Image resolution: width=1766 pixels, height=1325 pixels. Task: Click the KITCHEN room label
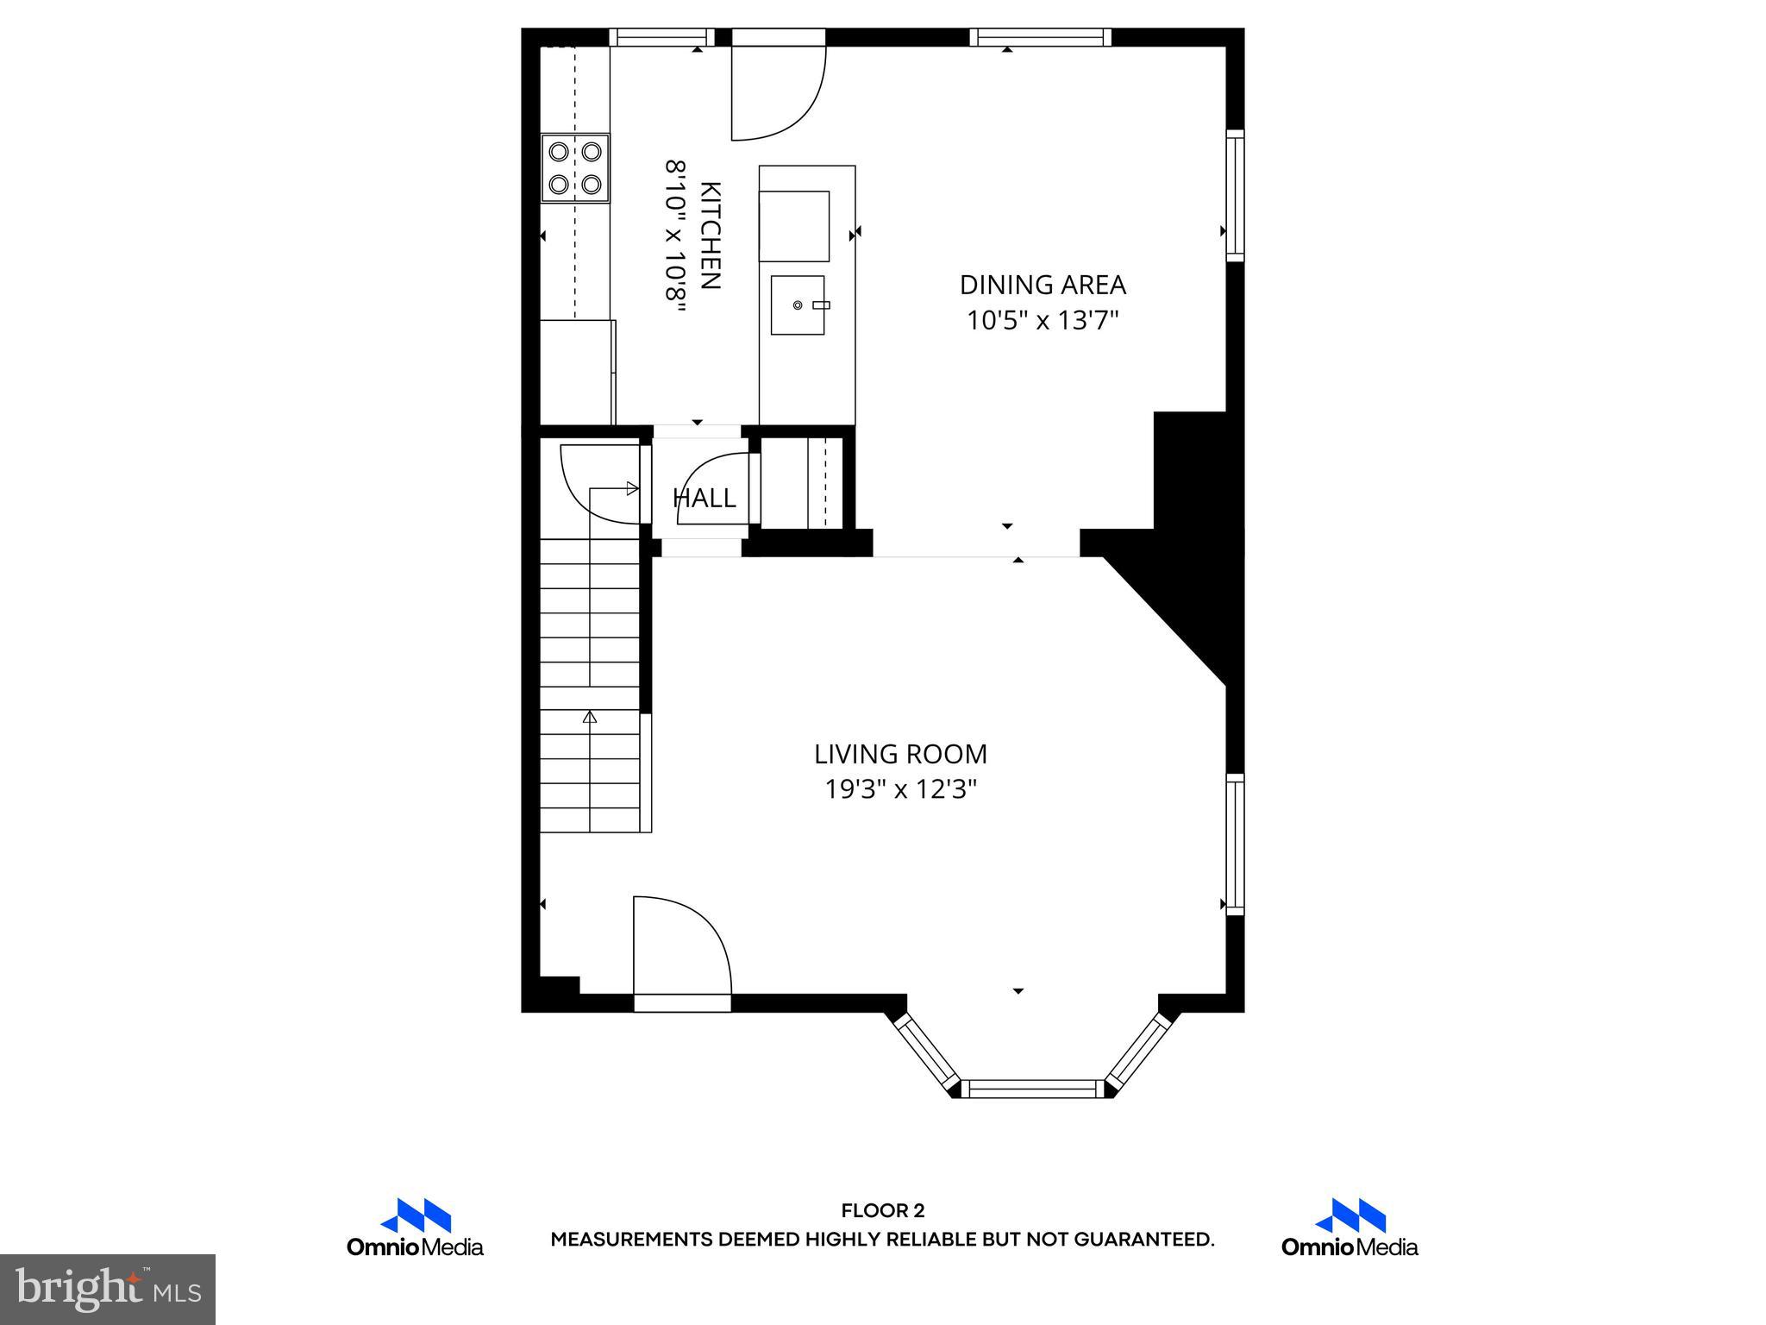(x=710, y=235)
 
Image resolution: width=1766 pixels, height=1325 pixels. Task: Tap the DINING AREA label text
(x=1043, y=285)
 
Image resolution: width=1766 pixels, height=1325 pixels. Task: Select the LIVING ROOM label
(x=900, y=754)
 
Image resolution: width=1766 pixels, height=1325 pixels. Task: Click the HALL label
(x=705, y=499)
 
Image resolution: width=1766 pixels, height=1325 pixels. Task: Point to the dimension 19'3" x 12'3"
(x=900, y=789)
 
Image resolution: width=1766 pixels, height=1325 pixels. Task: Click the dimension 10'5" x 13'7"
(x=1043, y=321)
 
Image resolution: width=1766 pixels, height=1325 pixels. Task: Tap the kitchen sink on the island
(x=798, y=305)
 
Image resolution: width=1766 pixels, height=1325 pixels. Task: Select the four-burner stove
(x=575, y=168)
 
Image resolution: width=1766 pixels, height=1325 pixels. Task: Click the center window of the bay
(x=1032, y=1088)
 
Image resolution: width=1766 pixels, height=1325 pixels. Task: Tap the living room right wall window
(x=1235, y=844)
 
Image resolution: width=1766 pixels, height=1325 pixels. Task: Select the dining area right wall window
(x=1235, y=195)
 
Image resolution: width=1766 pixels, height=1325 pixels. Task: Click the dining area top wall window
(x=1040, y=37)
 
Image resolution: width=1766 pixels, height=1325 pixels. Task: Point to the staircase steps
(x=591, y=686)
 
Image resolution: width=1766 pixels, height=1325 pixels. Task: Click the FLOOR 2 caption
(x=882, y=1210)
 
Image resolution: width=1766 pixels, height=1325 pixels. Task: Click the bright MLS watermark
(x=108, y=1290)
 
